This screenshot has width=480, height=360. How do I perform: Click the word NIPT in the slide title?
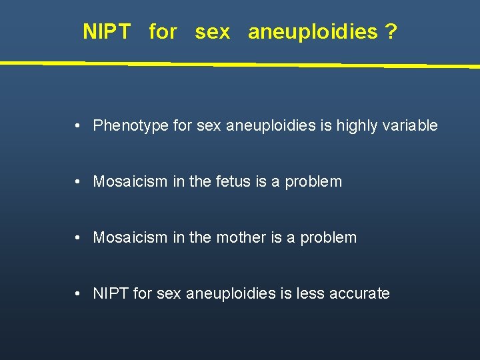coord(107,31)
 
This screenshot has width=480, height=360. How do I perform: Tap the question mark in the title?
coord(391,31)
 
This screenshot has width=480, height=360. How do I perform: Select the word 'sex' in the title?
coord(212,31)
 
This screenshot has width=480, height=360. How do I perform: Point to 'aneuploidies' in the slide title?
coord(313,32)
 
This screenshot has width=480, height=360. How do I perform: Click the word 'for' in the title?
coord(163,31)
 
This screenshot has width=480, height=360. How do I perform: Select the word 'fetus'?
coord(233,181)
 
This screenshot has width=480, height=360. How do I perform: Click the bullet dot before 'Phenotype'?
coord(79,125)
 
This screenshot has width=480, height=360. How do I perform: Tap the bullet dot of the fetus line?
coord(79,181)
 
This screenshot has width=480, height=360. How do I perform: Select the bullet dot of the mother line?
coord(79,237)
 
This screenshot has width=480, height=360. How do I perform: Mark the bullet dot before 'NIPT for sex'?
coord(79,293)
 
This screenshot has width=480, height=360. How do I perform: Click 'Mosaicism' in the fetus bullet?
coord(129,181)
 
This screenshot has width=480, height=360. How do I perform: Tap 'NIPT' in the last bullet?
coord(111,293)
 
